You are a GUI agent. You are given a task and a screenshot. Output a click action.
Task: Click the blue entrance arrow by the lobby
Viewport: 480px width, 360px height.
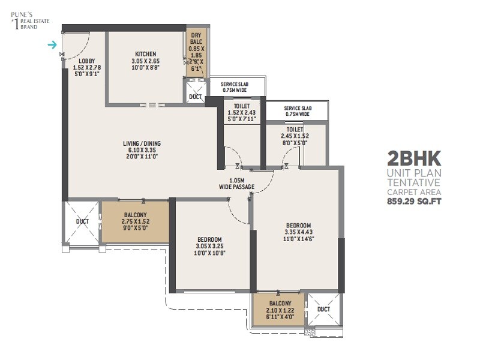pyautogui.click(x=53, y=44)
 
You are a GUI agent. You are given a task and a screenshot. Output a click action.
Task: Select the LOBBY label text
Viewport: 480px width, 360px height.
pyautogui.click(x=86, y=61)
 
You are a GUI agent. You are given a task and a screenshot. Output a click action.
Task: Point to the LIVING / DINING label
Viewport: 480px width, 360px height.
pyautogui.click(x=142, y=143)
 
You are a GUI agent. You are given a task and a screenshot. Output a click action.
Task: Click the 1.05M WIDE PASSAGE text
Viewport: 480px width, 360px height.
pyautogui.click(x=236, y=184)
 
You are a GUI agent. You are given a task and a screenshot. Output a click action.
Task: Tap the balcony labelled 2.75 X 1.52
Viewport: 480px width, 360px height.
pyautogui.click(x=136, y=221)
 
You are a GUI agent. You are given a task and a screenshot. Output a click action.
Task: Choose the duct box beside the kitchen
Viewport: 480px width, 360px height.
pyautogui.click(x=196, y=96)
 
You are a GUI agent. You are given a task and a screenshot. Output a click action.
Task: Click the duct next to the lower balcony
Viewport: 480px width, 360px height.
pyautogui.click(x=323, y=310)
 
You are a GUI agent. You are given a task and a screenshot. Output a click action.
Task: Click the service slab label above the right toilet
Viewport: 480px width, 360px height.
pyautogui.click(x=296, y=111)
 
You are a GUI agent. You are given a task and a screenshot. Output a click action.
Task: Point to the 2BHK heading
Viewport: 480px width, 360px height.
pyautogui.click(x=414, y=158)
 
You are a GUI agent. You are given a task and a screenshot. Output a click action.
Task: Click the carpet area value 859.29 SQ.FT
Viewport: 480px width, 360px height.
pyautogui.click(x=414, y=202)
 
